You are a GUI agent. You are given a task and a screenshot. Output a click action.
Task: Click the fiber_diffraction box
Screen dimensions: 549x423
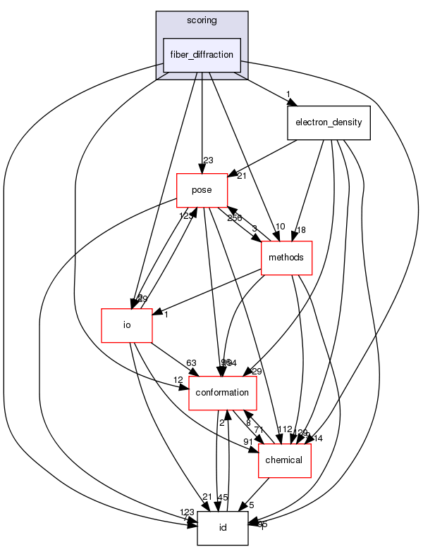[202, 55]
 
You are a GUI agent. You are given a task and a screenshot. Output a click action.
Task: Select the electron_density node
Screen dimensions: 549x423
[329, 122]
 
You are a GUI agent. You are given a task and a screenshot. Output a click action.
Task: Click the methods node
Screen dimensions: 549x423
[286, 258]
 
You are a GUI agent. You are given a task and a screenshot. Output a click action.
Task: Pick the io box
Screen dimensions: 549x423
[128, 325]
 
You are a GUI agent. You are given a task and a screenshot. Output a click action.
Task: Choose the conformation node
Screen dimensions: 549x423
[222, 392]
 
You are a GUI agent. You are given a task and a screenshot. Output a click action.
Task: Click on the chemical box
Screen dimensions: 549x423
[286, 460]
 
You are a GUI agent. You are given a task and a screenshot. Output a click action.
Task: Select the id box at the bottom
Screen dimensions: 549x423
[222, 528]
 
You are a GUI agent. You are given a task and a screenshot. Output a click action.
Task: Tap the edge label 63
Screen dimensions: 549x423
[191, 363]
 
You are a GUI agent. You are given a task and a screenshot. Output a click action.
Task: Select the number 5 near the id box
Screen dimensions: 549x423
[251, 504]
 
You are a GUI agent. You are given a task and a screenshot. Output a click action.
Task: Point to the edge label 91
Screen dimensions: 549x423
[249, 442]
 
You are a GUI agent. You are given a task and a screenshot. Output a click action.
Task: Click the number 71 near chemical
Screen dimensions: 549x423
[259, 429]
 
